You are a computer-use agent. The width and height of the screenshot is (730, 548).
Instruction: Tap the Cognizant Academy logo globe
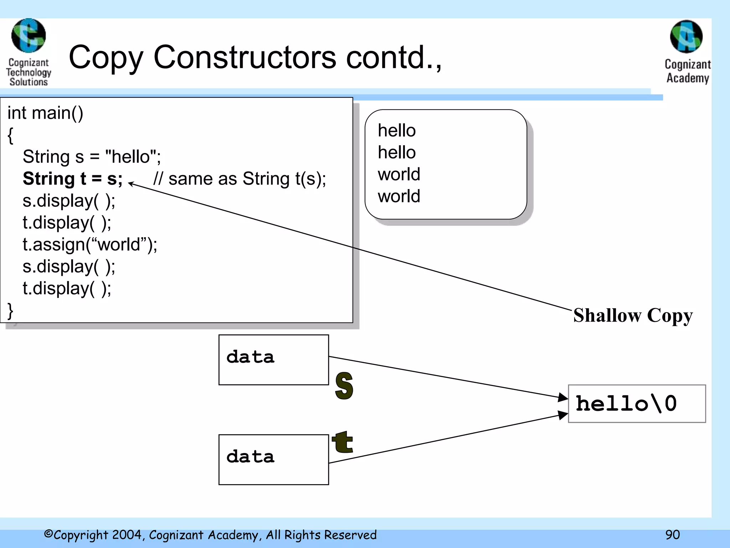click(686, 37)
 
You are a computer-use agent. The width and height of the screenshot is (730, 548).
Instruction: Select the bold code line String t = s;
click(73, 179)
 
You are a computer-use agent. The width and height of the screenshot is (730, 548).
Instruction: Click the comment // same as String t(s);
click(240, 179)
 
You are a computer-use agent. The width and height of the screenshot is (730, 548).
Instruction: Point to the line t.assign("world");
click(90, 245)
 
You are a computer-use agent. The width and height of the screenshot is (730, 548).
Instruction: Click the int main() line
click(45, 113)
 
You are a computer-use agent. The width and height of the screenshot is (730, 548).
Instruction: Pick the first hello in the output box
click(397, 131)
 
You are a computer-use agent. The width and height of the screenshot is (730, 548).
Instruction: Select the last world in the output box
click(399, 196)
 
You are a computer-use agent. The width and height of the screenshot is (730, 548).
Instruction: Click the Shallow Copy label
click(633, 315)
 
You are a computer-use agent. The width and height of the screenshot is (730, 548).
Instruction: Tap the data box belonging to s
click(273, 360)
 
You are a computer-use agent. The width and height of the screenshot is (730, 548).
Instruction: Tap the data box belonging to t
click(273, 460)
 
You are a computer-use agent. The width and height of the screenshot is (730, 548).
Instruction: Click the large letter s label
click(344, 386)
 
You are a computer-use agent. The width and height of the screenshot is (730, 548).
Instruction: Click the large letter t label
click(342, 442)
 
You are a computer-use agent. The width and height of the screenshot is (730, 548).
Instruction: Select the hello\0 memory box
click(637, 404)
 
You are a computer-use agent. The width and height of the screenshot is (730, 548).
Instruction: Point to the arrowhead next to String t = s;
click(130, 184)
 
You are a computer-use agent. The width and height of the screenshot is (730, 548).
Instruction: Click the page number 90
click(672, 535)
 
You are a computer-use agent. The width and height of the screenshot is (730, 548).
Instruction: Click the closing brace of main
click(10, 311)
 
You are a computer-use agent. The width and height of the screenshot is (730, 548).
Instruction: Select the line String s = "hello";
click(92, 157)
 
